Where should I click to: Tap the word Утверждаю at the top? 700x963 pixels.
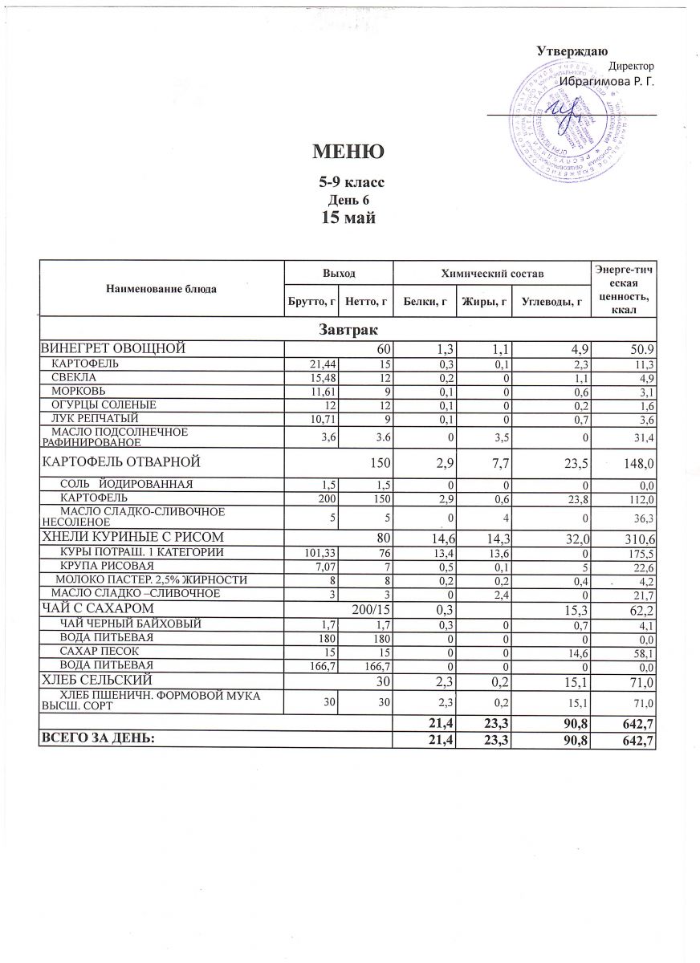571,51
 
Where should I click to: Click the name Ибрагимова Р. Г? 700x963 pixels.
607,80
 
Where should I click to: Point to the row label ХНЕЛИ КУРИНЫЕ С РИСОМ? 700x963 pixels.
132,536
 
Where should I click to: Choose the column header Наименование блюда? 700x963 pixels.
161,287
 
